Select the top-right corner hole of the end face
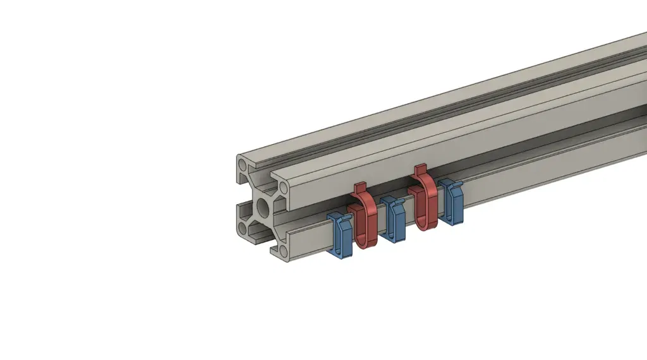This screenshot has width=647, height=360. click(x=284, y=188)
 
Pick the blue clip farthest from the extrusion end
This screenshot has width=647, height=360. click(x=452, y=202)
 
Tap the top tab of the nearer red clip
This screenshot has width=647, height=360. click(x=360, y=188)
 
